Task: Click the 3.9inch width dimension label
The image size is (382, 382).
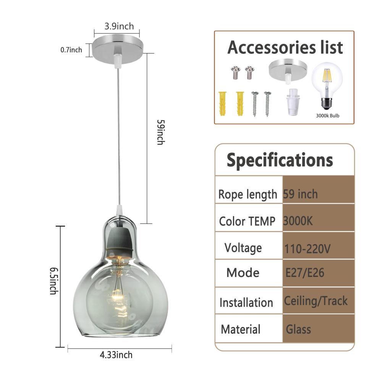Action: coord(119,26)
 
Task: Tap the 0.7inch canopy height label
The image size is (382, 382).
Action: coord(71,50)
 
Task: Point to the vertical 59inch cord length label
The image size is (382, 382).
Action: coord(161,132)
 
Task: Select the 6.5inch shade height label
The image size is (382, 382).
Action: coord(54,281)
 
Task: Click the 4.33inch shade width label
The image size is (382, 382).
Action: coord(116,355)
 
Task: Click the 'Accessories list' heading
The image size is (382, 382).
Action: coord(285,47)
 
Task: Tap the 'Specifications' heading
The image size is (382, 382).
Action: coord(280,160)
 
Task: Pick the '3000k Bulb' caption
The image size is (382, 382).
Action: coord(327,116)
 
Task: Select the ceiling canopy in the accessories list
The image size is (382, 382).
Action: coord(288,71)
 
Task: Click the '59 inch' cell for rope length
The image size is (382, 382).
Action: coord(300,194)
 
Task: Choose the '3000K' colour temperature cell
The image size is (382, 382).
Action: coord(298,221)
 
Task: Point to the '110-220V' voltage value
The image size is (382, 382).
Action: coord(307,249)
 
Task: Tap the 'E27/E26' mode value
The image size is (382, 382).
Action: coord(305,273)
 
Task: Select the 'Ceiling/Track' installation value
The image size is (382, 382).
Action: coord(316,301)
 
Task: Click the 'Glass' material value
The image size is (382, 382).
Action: coord(298,329)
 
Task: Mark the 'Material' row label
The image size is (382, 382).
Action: coord(241,329)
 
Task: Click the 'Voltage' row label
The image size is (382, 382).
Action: coord(243,248)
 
